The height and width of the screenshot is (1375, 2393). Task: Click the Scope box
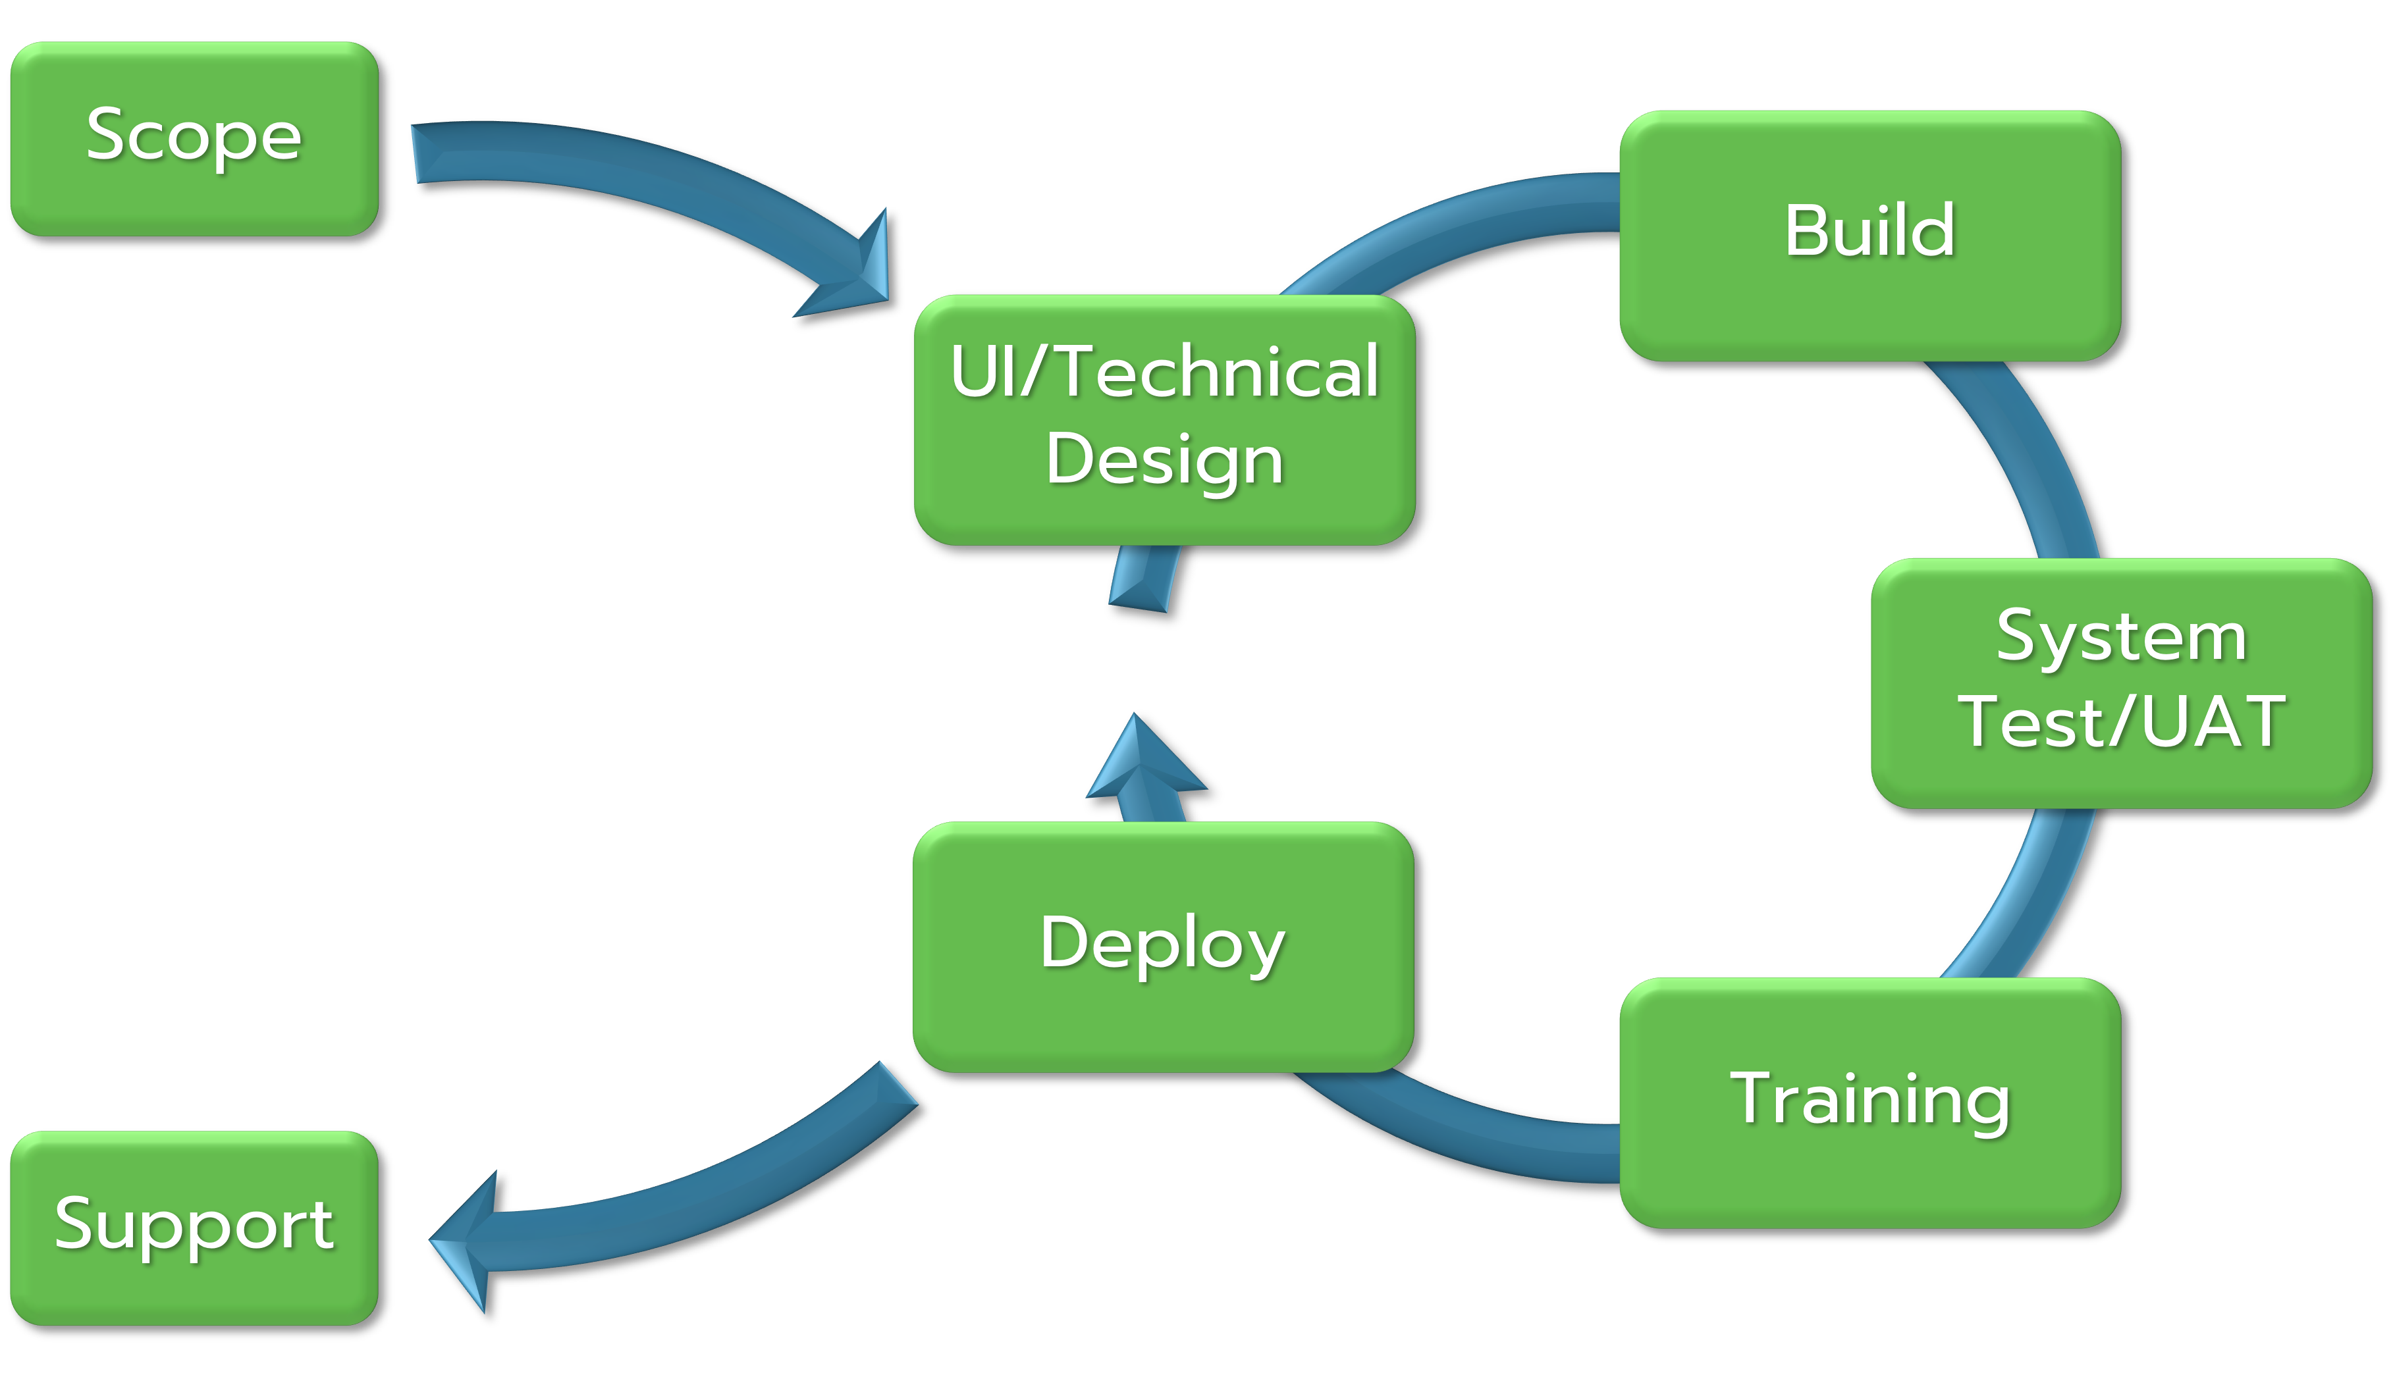tap(195, 139)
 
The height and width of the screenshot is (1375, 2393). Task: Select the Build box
tap(1871, 236)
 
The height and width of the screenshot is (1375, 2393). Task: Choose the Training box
tap(1871, 1103)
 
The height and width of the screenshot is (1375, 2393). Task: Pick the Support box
tap(195, 1228)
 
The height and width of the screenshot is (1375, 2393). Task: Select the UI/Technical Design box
tap(1165, 420)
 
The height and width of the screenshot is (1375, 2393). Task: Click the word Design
tap(1165, 461)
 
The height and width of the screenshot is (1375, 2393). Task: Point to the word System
tap(2122, 637)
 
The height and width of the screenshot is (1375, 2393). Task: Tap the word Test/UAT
tap(2122, 721)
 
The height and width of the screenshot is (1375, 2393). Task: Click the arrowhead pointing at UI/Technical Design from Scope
tap(850, 269)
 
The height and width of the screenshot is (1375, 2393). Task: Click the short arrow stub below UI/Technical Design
tap(1143, 578)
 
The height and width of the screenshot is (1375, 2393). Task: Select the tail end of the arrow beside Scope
tap(416, 153)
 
